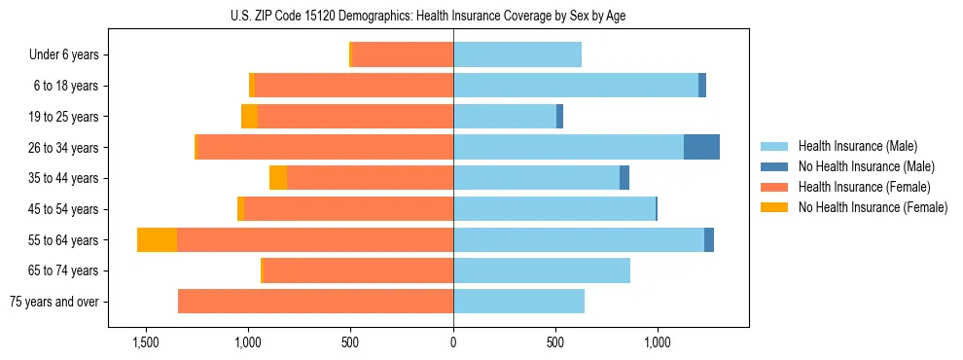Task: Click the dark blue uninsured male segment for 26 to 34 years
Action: [x=701, y=147]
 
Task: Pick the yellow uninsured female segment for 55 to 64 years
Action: [x=157, y=239]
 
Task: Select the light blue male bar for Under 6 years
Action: [x=517, y=54]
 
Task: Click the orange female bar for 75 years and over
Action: [x=315, y=302]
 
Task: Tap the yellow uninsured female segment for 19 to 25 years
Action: [x=249, y=117]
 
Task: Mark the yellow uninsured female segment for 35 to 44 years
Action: [x=278, y=178]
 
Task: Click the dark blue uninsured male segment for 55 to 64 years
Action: [x=709, y=239]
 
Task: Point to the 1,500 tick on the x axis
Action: [x=145, y=342]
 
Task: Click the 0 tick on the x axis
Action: [x=453, y=342]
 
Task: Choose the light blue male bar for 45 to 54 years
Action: [x=554, y=209]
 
